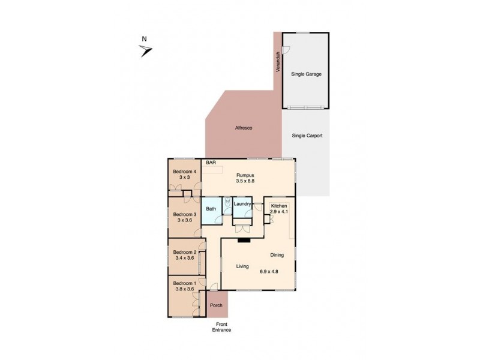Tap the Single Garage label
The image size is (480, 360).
tap(306, 74)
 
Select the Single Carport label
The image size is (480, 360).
tap(307, 136)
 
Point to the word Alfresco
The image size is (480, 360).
tap(242, 128)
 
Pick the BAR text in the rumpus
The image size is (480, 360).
tap(211, 163)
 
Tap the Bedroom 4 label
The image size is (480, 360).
tap(185, 172)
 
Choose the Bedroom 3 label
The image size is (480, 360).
tap(185, 214)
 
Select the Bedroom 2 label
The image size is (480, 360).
tap(185, 252)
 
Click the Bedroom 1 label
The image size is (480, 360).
tap(185, 283)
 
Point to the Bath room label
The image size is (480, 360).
tap(211, 209)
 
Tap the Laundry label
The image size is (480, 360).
tap(242, 204)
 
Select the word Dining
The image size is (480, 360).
tap(277, 254)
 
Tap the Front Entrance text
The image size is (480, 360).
tap(223, 327)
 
